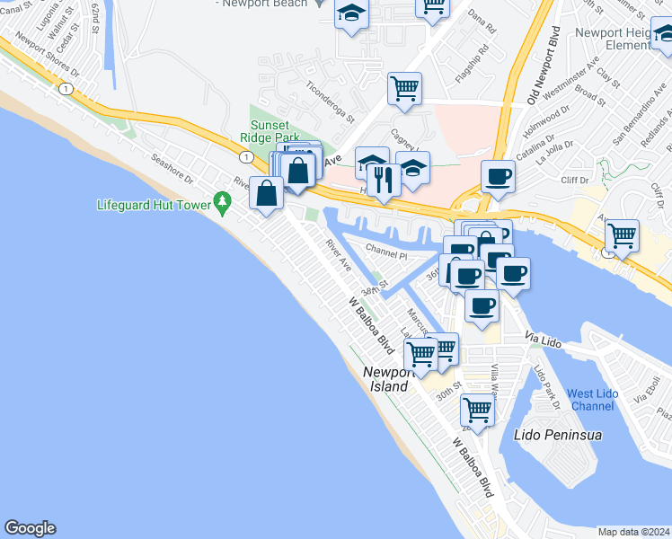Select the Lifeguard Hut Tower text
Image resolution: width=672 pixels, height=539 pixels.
(x=154, y=205)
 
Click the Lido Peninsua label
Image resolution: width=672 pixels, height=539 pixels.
(x=557, y=435)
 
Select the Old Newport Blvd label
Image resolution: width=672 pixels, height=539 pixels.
(x=546, y=67)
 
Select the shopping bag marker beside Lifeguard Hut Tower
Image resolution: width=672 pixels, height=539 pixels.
(x=268, y=191)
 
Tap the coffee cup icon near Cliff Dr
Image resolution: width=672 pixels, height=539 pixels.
(x=498, y=175)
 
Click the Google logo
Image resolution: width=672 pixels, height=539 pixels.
(x=30, y=528)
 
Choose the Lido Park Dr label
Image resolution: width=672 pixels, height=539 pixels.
(x=547, y=384)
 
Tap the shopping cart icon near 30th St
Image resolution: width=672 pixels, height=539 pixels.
(x=477, y=410)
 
